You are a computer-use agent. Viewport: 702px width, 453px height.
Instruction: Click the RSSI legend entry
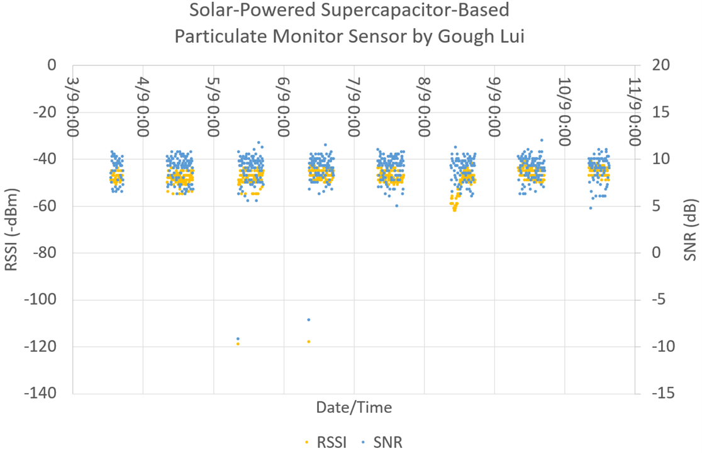[326, 442]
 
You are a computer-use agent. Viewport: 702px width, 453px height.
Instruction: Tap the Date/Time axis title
[354, 407]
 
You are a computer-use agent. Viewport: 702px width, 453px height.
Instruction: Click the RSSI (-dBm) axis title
[11, 230]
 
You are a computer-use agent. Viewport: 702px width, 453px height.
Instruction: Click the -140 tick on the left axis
[40, 393]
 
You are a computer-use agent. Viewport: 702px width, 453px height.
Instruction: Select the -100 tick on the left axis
[40, 299]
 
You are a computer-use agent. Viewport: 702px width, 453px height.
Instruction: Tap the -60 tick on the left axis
[45, 206]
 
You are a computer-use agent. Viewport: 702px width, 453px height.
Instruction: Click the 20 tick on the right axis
[661, 65]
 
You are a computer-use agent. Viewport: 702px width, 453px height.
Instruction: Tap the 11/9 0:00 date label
[635, 111]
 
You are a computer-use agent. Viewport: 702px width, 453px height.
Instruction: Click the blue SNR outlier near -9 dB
[238, 338]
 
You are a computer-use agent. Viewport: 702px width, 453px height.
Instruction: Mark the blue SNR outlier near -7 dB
[309, 320]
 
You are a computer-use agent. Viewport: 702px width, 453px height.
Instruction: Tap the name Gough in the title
[465, 36]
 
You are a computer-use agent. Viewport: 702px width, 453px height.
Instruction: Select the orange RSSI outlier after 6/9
[308, 342]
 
